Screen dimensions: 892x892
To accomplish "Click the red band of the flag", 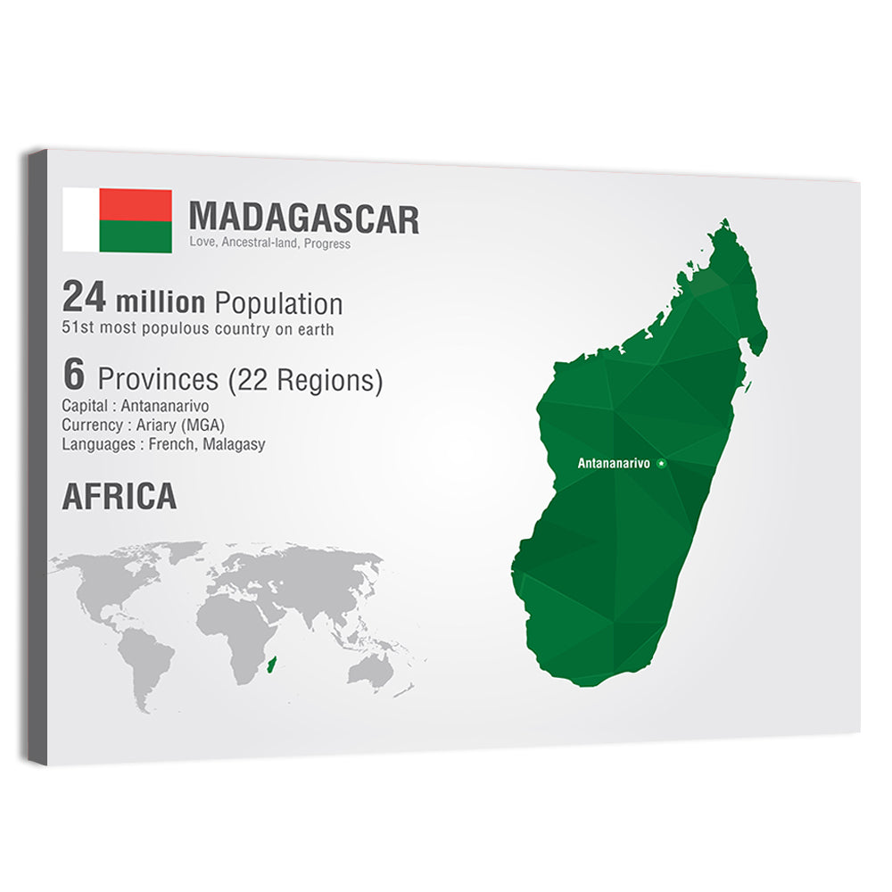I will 136,205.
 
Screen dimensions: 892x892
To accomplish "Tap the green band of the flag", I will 136,236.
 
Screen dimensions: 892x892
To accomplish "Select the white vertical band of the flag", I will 80,219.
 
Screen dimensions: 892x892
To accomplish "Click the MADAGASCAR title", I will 303,219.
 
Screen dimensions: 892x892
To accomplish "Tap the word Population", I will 279,303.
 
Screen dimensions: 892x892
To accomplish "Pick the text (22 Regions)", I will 305,381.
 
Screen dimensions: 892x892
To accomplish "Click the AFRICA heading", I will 119,498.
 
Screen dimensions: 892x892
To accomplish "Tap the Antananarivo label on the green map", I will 614,463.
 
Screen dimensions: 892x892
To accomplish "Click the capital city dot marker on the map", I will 661,462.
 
